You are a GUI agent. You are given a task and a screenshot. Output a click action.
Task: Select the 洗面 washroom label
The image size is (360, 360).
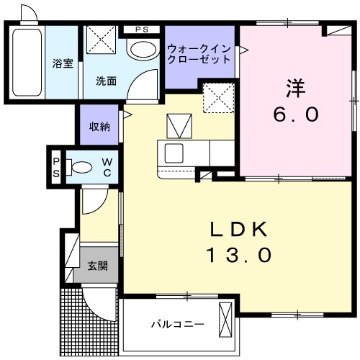(107, 81)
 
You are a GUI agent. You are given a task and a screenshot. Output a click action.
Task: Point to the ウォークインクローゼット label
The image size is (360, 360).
(199, 54)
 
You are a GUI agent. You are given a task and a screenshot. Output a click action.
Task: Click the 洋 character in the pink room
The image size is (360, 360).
(295, 89)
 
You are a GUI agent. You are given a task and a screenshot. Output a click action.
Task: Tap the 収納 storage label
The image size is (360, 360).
(99, 127)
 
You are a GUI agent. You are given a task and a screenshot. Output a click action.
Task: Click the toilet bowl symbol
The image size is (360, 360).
(80, 168)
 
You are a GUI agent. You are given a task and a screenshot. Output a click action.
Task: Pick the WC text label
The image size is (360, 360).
(106, 167)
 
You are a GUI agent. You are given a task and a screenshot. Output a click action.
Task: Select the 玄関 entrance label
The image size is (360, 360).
(98, 266)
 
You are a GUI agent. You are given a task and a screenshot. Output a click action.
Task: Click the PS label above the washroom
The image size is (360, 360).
(143, 30)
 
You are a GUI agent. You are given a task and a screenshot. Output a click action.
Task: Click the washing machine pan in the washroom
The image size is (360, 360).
(102, 39)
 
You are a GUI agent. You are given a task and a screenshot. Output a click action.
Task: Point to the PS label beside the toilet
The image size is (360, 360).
(55, 167)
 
